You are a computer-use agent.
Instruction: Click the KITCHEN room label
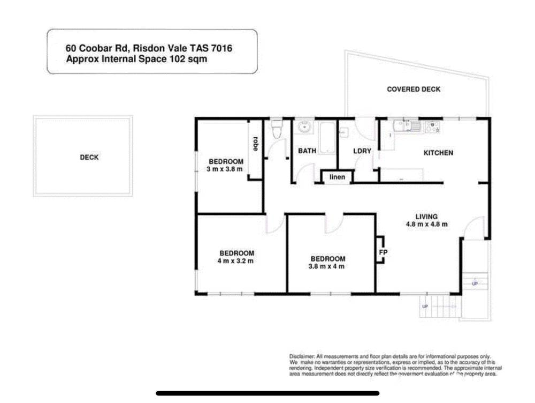(x=438, y=153)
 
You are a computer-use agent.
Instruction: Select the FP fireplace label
(x=383, y=252)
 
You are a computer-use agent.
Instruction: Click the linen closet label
(x=337, y=177)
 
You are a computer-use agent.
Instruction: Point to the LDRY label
(x=362, y=152)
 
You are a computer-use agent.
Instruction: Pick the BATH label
(x=307, y=151)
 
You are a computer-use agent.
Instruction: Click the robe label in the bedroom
(x=256, y=144)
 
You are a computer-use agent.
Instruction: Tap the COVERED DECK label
(x=414, y=89)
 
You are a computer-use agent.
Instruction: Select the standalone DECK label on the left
(x=89, y=158)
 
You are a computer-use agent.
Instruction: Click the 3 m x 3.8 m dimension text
(x=225, y=169)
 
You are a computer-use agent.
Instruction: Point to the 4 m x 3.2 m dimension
(x=236, y=261)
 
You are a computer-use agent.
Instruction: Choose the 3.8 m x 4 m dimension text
(x=326, y=266)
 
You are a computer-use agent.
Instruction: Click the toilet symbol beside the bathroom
(x=276, y=129)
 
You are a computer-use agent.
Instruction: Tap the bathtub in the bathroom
(x=327, y=138)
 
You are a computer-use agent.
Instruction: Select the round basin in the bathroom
(x=304, y=128)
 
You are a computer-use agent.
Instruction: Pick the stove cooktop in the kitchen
(x=432, y=127)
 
